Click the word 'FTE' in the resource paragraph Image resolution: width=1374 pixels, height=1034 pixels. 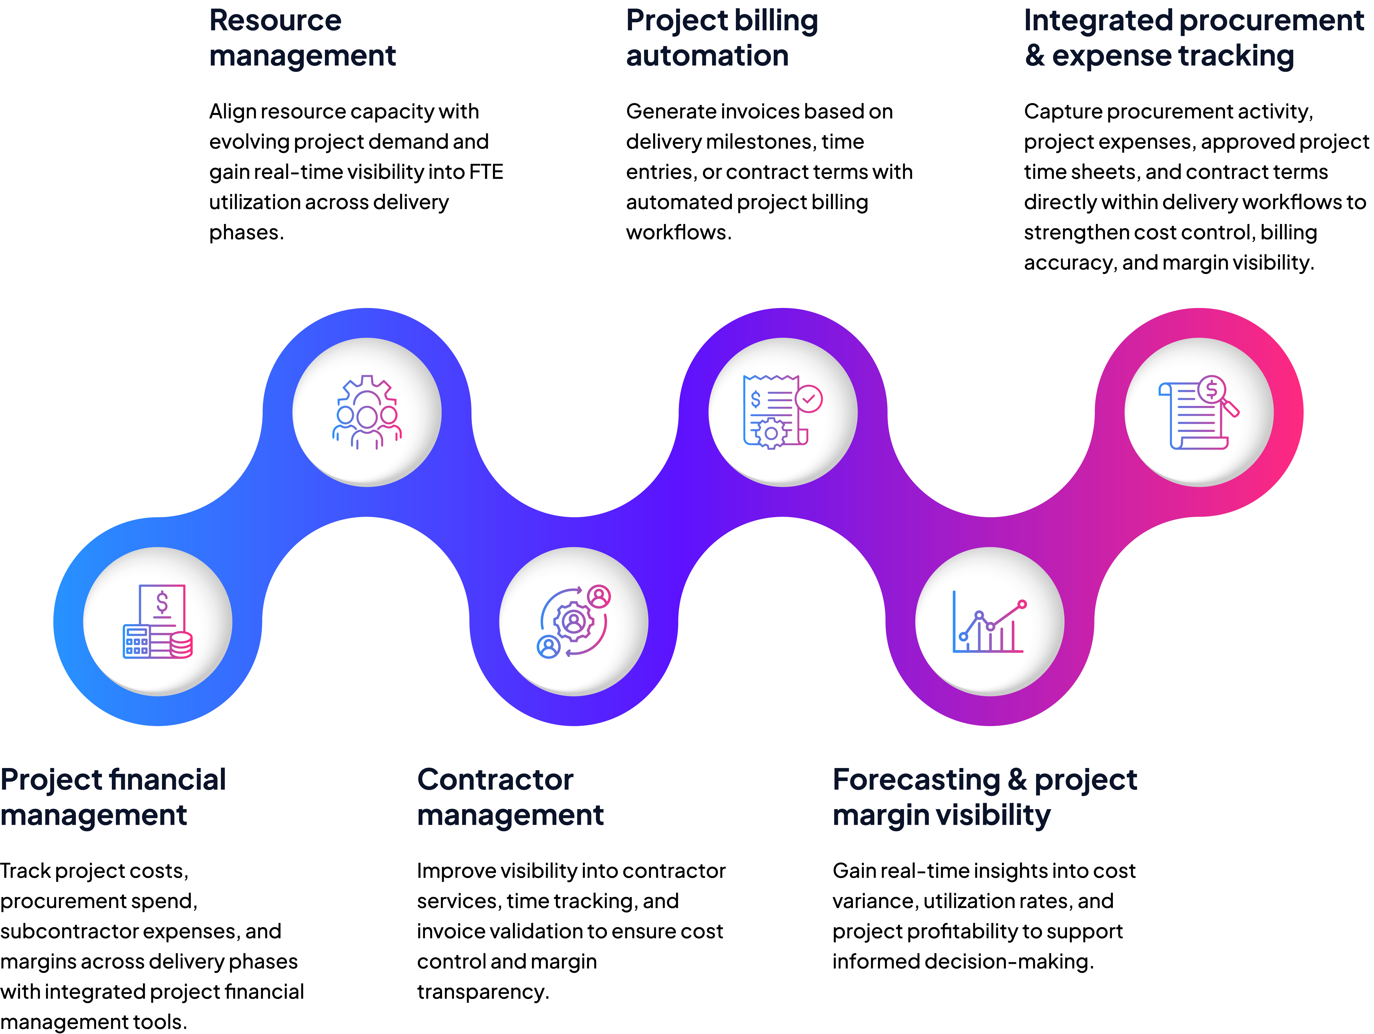point(486,172)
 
